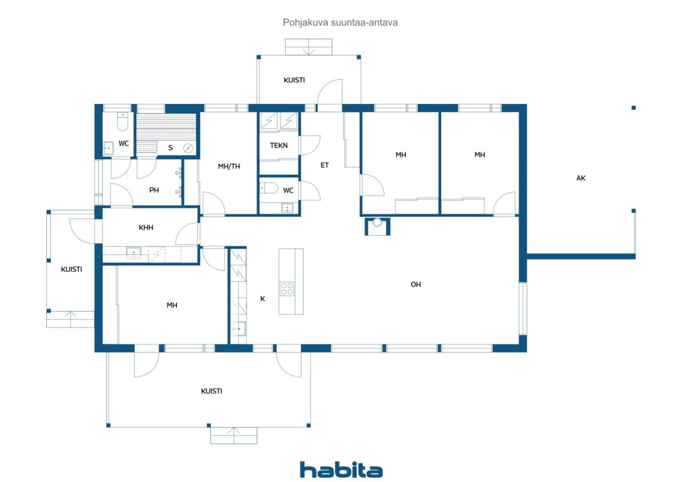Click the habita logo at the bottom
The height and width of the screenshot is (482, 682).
coord(341,470)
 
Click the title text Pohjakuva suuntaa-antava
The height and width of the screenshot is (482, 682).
coord(340,23)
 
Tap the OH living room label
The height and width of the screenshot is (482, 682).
coord(416,284)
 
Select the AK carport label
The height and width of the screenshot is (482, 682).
coord(581,178)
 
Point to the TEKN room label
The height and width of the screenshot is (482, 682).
coord(279,145)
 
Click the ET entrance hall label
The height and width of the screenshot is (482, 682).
coord(324,165)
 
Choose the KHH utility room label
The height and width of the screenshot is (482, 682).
coord(146,227)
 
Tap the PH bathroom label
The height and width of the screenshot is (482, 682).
coord(154,190)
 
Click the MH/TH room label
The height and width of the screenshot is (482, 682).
coord(229,166)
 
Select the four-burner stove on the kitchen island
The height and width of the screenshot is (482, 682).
coord(287,288)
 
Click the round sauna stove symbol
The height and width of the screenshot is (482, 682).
coord(189,148)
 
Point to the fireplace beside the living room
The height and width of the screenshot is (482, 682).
coord(377,225)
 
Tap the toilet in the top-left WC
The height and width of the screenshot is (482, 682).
coord(123,124)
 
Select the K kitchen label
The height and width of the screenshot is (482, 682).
coord(262,299)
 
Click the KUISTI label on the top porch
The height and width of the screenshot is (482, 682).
coord(294,80)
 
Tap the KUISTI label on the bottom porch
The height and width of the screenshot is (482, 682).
coord(212,391)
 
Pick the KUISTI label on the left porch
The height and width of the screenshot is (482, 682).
coord(71,269)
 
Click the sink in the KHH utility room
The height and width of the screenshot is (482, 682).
coord(133,253)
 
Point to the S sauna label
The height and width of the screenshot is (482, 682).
coord(170,148)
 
